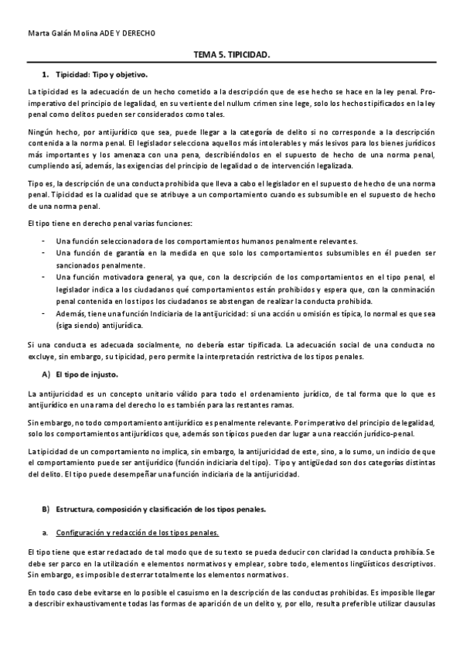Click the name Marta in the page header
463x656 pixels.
36,34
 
